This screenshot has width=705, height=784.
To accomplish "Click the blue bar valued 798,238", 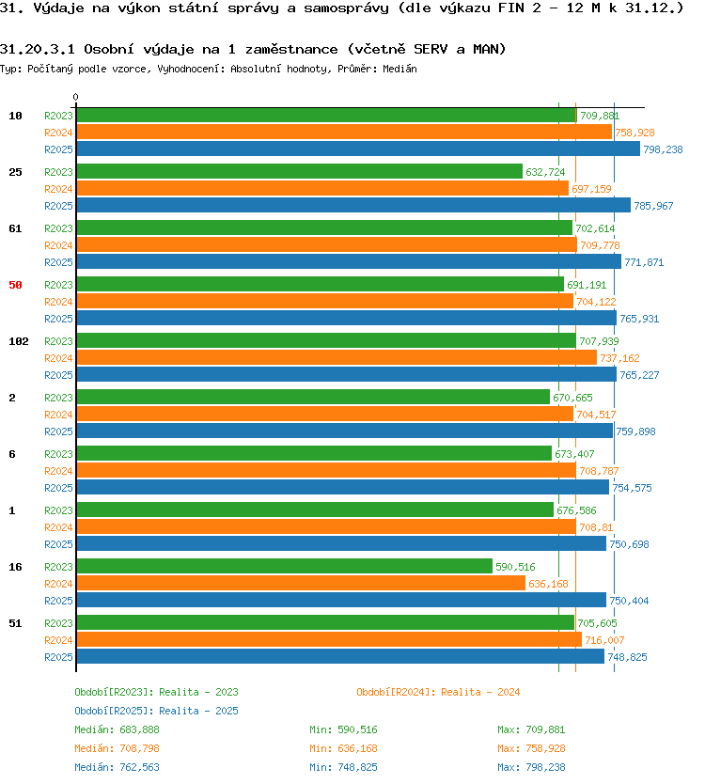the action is [x=358, y=149].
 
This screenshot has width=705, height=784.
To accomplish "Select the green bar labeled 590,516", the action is [x=285, y=567].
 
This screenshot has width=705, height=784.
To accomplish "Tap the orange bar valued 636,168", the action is [x=301, y=584].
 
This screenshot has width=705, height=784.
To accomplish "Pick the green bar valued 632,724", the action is [x=300, y=171].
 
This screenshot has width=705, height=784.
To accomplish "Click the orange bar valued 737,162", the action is [x=337, y=358].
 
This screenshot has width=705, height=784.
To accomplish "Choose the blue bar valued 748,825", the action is [x=340, y=656].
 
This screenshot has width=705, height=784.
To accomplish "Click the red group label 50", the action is [x=15, y=285].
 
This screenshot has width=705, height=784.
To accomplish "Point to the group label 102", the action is [x=19, y=341].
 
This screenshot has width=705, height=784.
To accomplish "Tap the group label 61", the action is [x=15, y=228].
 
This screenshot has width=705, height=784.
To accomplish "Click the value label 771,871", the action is [x=644, y=262].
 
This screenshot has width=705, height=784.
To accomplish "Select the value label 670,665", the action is [x=572, y=398].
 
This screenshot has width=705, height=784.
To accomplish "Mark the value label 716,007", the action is [x=604, y=640].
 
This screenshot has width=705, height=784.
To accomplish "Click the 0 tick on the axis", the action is [x=75, y=97].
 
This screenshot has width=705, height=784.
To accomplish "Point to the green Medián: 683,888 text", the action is [x=117, y=730].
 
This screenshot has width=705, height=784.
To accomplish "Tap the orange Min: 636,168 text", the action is [x=343, y=748].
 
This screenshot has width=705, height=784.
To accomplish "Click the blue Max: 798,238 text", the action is [x=531, y=767].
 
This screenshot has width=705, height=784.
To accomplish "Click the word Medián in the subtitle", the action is [x=399, y=69].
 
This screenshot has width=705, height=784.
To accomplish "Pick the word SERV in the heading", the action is [x=431, y=49].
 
